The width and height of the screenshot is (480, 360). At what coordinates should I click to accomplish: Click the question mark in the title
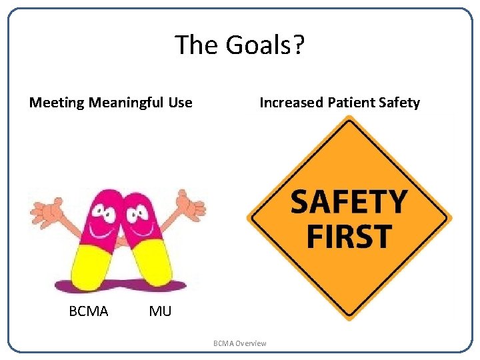[x=299, y=45]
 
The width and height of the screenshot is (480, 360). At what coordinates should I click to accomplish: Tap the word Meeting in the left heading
[x=57, y=103]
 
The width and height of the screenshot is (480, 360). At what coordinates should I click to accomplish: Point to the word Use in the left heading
[x=180, y=103]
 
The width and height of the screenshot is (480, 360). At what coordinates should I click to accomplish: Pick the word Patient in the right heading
[x=350, y=103]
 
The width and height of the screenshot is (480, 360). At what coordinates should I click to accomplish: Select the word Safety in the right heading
[x=399, y=103]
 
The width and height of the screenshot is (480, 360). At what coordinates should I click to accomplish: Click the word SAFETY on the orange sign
[x=349, y=201]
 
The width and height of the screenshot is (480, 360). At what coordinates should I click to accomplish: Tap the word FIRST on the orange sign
[x=349, y=236]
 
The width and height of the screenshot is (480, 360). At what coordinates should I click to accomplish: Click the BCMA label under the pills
[x=88, y=311]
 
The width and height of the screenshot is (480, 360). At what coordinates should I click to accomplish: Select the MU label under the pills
[x=160, y=311]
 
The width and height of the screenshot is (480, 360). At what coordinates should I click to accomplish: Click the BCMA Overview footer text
[x=239, y=343]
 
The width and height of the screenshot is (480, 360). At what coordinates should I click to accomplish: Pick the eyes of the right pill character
[x=138, y=212]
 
